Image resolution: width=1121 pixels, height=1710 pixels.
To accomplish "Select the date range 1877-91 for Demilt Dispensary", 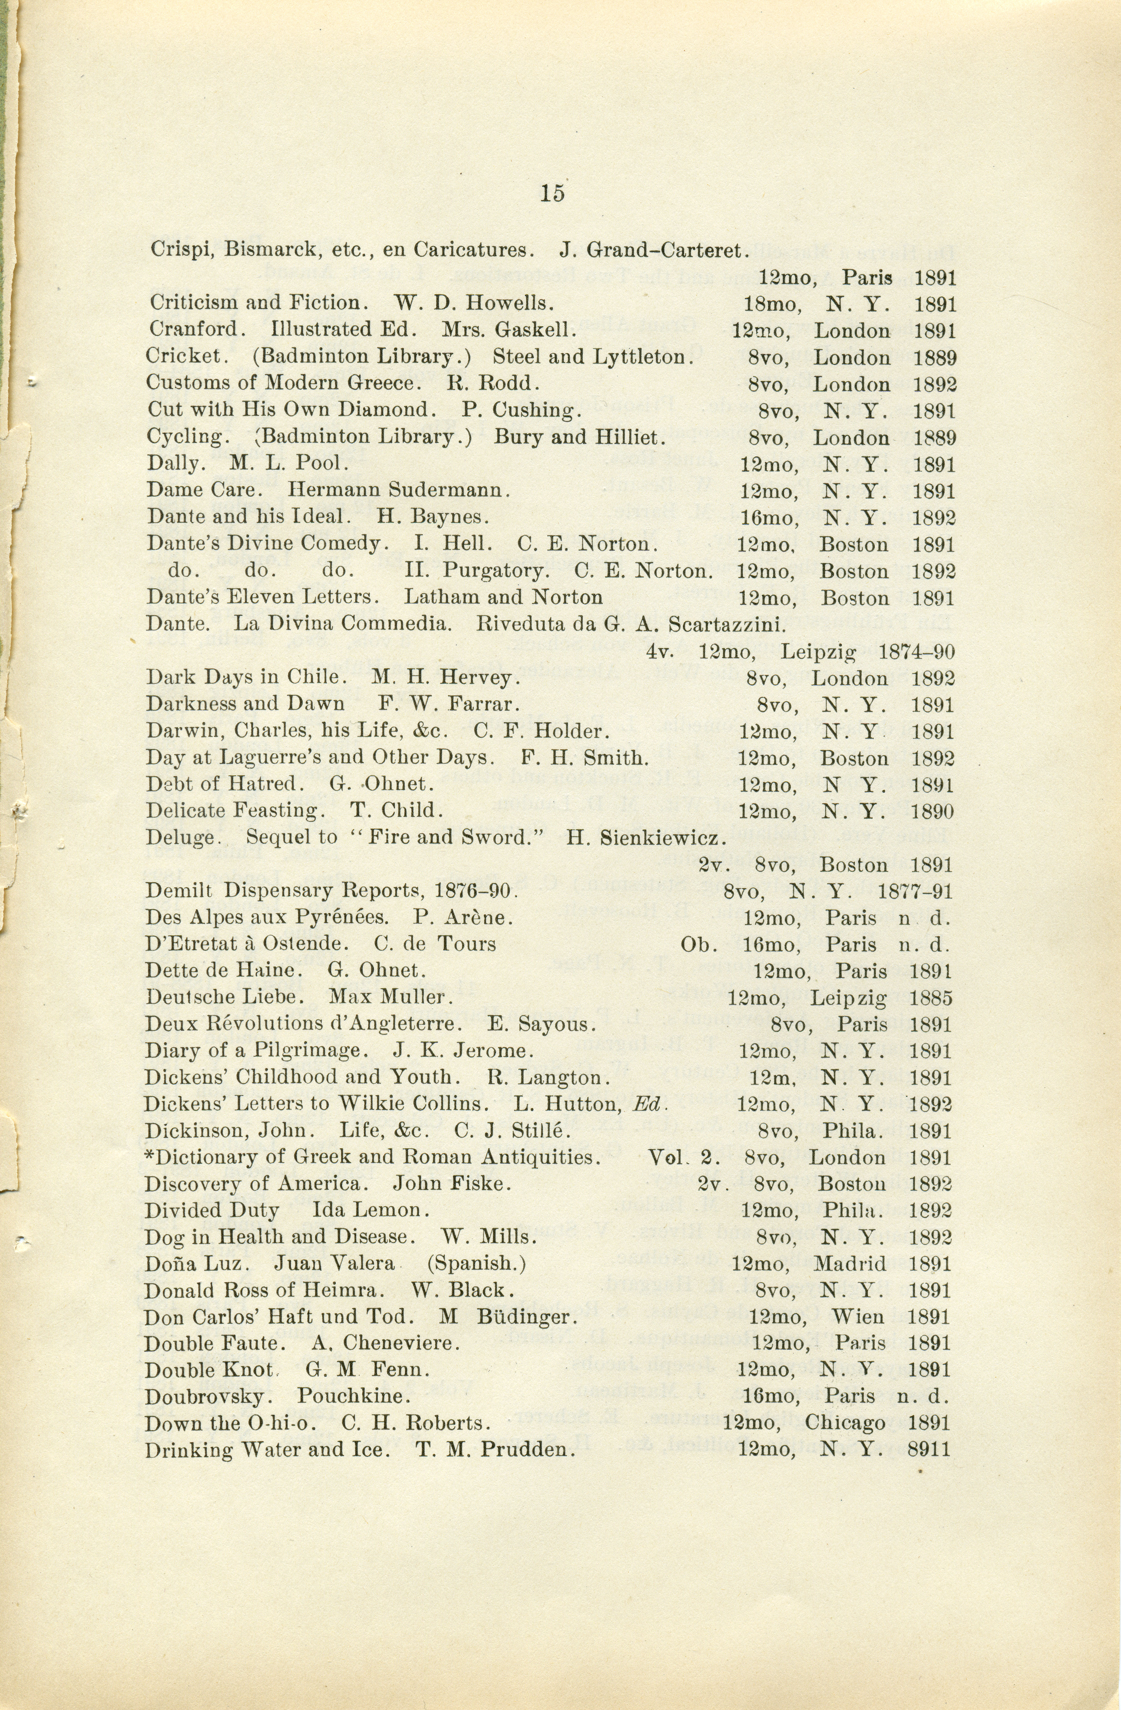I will coord(915,892).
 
